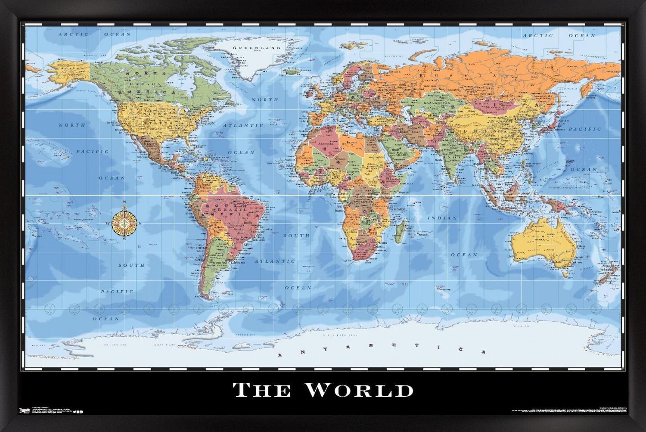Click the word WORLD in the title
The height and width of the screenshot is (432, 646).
click(x=359, y=390)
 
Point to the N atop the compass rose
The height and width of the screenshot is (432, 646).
click(x=125, y=202)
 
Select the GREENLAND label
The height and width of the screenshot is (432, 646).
click(x=257, y=48)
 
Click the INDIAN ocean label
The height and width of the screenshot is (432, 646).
click(x=442, y=218)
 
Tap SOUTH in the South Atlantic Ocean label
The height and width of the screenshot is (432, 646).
click(x=296, y=236)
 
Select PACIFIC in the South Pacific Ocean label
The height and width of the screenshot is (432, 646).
click(x=117, y=292)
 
